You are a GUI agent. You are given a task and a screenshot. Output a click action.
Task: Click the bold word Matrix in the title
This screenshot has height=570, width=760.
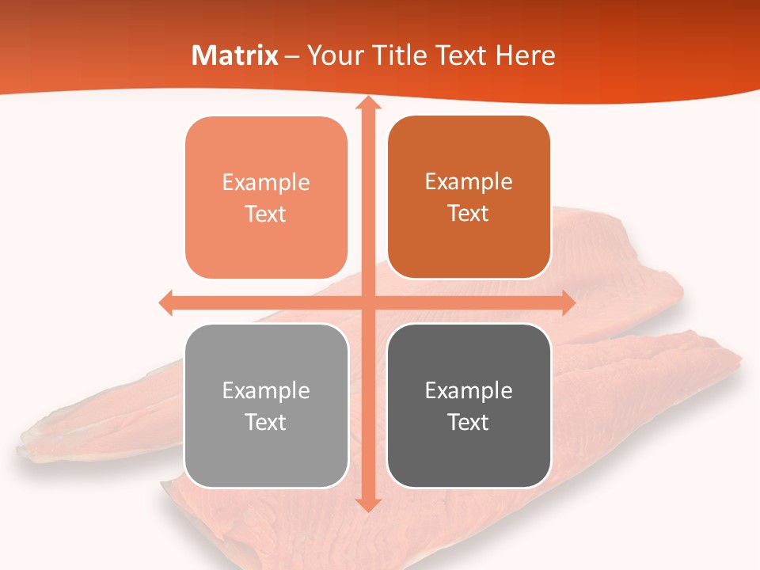pos(235,55)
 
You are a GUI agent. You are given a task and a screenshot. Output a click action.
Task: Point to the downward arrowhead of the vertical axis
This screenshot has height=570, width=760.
pos(367,504)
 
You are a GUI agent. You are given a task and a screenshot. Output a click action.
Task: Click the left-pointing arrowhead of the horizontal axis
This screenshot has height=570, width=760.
pos(166,303)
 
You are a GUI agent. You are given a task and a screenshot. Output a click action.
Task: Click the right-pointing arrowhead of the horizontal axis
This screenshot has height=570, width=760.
pos(568,303)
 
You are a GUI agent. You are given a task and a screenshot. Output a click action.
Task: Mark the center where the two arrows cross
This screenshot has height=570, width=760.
pos(367,303)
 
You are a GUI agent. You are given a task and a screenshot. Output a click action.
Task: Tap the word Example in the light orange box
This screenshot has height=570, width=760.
pos(266,183)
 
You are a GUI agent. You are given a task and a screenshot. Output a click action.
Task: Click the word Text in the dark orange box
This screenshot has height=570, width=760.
pos(469,214)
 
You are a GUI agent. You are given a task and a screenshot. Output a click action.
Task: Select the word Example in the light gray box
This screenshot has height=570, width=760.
pos(266,390)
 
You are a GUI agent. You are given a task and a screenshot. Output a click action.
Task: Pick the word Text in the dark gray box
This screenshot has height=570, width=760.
pos(469,422)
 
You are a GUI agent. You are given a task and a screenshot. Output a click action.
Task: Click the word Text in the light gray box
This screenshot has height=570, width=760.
pos(266,422)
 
